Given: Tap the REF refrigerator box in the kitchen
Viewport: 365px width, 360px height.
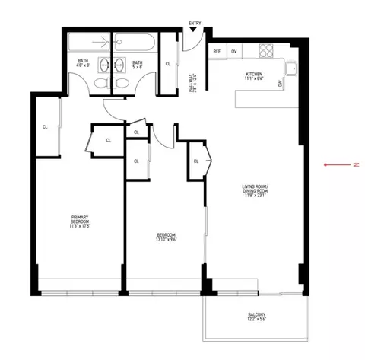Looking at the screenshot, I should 217,52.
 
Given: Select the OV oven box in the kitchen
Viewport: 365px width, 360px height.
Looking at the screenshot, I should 234,52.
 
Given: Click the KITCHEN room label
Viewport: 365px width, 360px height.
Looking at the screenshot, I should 253,76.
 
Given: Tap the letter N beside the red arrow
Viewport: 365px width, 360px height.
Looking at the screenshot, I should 354,164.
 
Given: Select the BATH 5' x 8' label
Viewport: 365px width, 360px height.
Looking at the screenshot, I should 138,64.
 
